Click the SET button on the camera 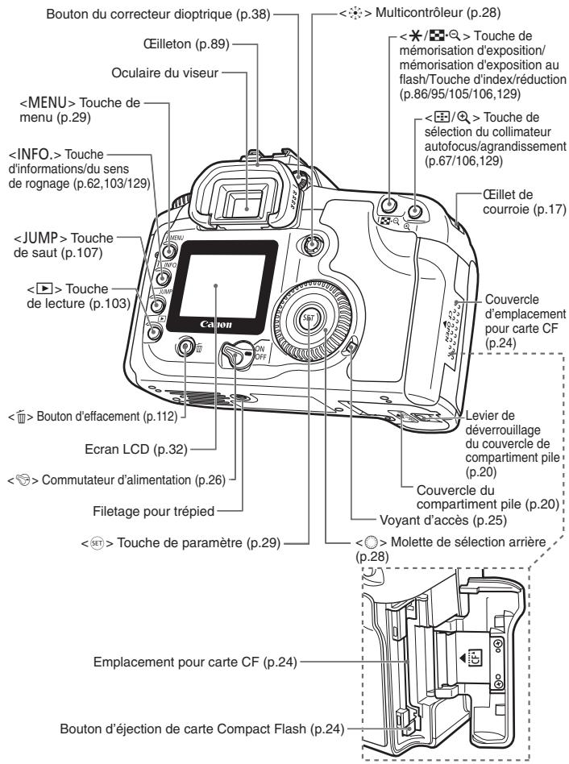click(x=307, y=318)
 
